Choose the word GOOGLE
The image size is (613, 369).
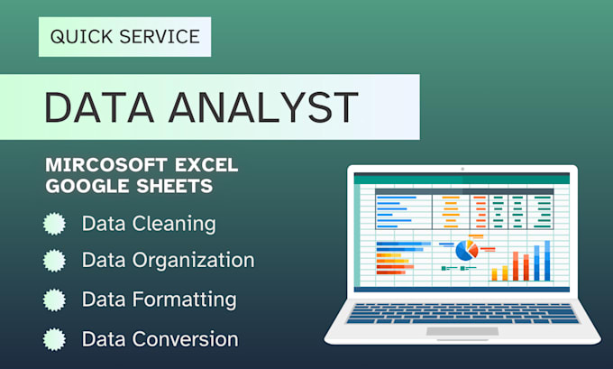pos(80,187)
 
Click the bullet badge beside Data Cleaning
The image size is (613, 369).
pos(55,223)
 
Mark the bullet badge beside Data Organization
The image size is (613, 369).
pos(55,261)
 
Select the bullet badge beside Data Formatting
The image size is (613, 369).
pos(55,300)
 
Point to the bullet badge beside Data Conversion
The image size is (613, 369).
pos(55,339)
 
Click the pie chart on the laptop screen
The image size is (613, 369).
pos(466,250)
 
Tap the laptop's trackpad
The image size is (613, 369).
pos(462,331)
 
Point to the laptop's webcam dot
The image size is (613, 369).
pos(462,169)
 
